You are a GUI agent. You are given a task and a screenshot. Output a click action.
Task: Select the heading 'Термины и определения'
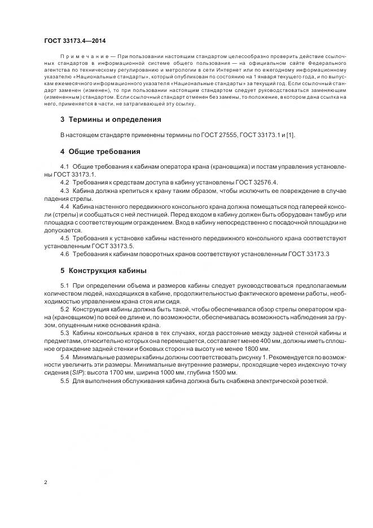click(115, 120)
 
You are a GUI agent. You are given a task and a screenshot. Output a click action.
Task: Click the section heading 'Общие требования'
click(104, 152)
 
